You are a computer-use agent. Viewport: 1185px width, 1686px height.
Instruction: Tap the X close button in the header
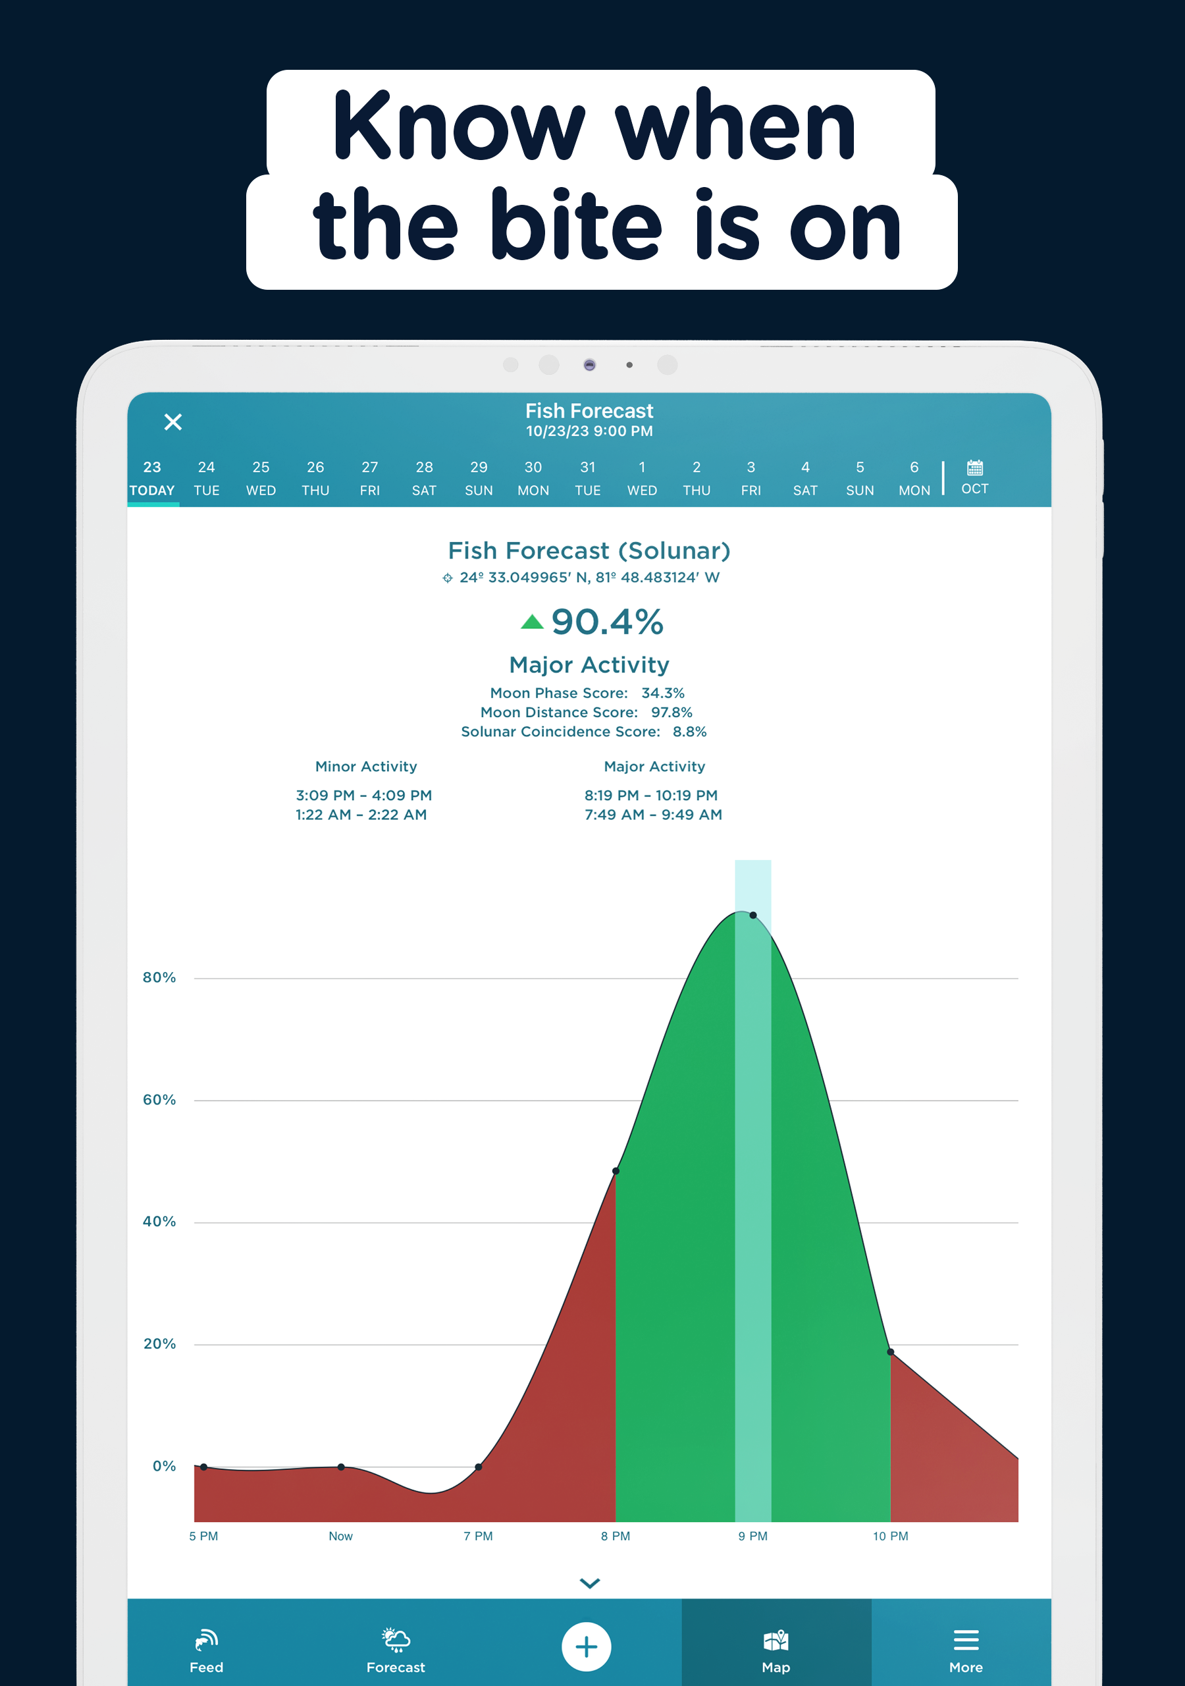(172, 422)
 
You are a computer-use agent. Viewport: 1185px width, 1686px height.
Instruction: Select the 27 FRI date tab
(370, 478)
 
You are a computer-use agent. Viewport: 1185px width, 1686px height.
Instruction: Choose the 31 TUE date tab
(587, 478)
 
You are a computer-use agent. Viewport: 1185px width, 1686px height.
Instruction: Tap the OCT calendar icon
(974, 477)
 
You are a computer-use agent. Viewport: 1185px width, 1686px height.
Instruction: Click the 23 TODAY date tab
(152, 478)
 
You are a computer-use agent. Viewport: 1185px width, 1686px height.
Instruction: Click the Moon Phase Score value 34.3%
(662, 693)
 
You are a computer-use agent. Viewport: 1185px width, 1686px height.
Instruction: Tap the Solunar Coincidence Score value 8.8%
(689, 732)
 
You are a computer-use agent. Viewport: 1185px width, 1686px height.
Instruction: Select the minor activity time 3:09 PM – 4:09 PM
(363, 796)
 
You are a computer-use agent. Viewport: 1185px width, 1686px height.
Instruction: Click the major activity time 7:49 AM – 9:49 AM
(652, 815)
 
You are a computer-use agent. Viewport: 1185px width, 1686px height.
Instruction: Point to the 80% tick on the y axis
(159, 977)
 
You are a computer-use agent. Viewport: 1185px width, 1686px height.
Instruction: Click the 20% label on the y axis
(159, 1344)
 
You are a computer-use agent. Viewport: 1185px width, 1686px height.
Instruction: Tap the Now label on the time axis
(340, 1536)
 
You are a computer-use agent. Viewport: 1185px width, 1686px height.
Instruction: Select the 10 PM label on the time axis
(890, 1536)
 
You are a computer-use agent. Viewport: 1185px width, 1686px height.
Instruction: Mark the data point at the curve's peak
(753, 915)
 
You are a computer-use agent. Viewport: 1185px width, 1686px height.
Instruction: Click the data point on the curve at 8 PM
(616, 1171)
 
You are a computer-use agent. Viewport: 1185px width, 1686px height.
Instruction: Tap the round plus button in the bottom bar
(586, 1646)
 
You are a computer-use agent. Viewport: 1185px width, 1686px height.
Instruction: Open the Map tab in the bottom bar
(776, 1649)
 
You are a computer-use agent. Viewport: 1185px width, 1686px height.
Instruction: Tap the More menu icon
(966, 1641)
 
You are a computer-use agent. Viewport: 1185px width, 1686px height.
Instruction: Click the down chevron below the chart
(590, 1583)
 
